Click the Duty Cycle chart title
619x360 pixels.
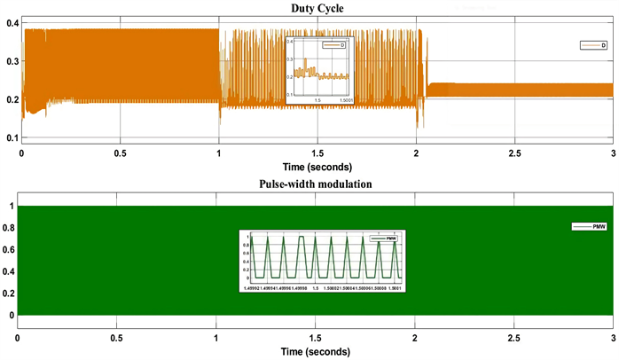(316, 8)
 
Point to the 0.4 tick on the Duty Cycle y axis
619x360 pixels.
(12, 22)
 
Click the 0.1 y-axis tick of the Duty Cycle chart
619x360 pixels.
(12, 138)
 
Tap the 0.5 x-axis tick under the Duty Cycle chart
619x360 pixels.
(121, 153)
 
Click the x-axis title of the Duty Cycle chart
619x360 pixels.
(317, 166)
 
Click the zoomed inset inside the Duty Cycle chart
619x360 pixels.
(319, 69)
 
